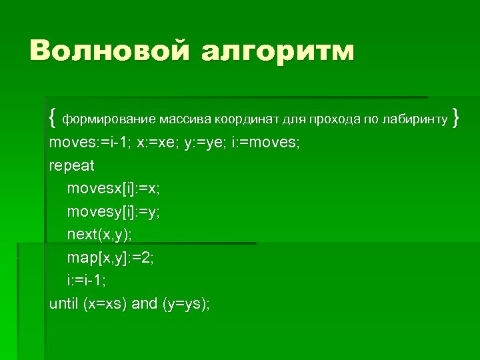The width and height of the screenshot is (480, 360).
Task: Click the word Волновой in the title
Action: [109, 51]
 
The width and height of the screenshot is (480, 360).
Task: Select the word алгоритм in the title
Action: [278, 51]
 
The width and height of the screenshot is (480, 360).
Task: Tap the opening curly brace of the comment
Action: [53, 119]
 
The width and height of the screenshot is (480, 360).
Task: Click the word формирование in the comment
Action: [109, 120]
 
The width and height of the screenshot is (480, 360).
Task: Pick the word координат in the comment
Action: [246, 120]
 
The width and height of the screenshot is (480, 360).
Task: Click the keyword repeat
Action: [72, 165]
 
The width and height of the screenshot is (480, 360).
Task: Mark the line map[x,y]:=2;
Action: [110, 257]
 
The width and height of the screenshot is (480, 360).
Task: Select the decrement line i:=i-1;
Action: [87, 281]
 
